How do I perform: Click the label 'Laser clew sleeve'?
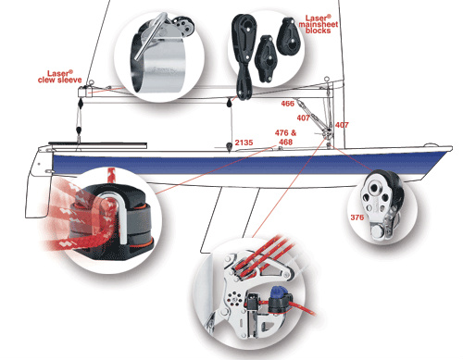pos(60,77)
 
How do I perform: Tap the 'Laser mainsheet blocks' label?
pos(319,24)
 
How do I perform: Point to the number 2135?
pos(244,143)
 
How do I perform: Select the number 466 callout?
pos(287,104)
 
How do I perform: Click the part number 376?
pos(357,217)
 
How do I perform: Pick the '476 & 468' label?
pos(285,137)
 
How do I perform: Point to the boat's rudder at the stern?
pos(37,185)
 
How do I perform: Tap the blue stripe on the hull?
pos(247,164)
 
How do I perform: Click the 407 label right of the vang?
pos(342,125)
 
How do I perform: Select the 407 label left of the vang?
pos(303,118)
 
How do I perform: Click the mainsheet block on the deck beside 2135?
pos(229,147)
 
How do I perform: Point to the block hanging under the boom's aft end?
pos(80,103)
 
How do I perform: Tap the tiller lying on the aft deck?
pos(97,143)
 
